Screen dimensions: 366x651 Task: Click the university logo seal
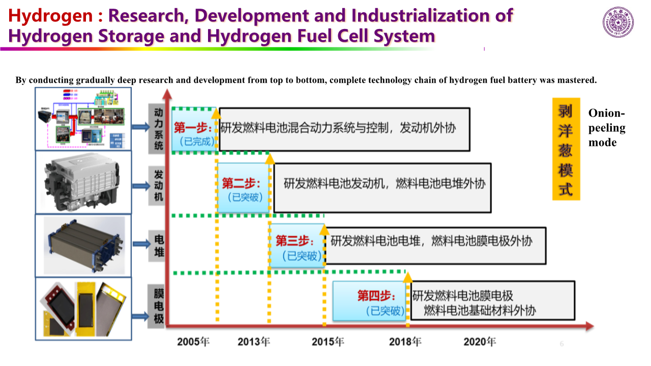coord(618,22)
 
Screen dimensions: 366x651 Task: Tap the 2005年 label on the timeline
coord(193,342)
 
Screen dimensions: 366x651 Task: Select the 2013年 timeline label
coord(254,342)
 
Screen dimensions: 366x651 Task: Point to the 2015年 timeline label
coord(328,342)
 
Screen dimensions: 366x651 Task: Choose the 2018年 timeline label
coord(405,342)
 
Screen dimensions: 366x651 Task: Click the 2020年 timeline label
coord(480,342)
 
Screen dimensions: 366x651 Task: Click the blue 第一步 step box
coord(194,133)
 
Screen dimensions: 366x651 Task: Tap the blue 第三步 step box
coord(297,247)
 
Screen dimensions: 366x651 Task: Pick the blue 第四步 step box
coord(370,301)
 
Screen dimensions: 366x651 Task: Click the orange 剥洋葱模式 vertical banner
coord(566,149)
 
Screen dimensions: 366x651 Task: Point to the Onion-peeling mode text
coord(607,128)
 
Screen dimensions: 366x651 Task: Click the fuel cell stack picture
coord(83,245)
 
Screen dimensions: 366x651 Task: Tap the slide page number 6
coord(562,344)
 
